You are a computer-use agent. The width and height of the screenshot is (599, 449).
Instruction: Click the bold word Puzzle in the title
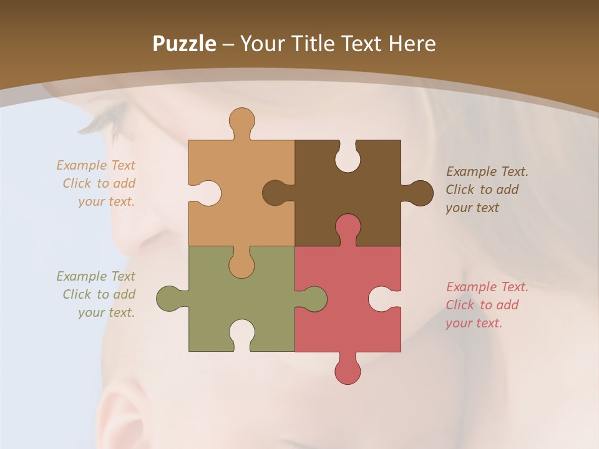184,44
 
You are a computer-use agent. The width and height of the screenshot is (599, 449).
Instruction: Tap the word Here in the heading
412,44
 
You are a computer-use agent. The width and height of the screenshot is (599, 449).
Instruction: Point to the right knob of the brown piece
419,193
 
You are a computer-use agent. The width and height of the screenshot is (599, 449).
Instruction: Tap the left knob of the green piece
170,299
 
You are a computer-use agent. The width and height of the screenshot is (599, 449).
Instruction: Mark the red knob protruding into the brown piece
348,227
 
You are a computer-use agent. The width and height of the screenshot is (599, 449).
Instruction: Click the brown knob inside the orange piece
275,193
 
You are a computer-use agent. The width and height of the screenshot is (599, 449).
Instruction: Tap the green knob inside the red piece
314,299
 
